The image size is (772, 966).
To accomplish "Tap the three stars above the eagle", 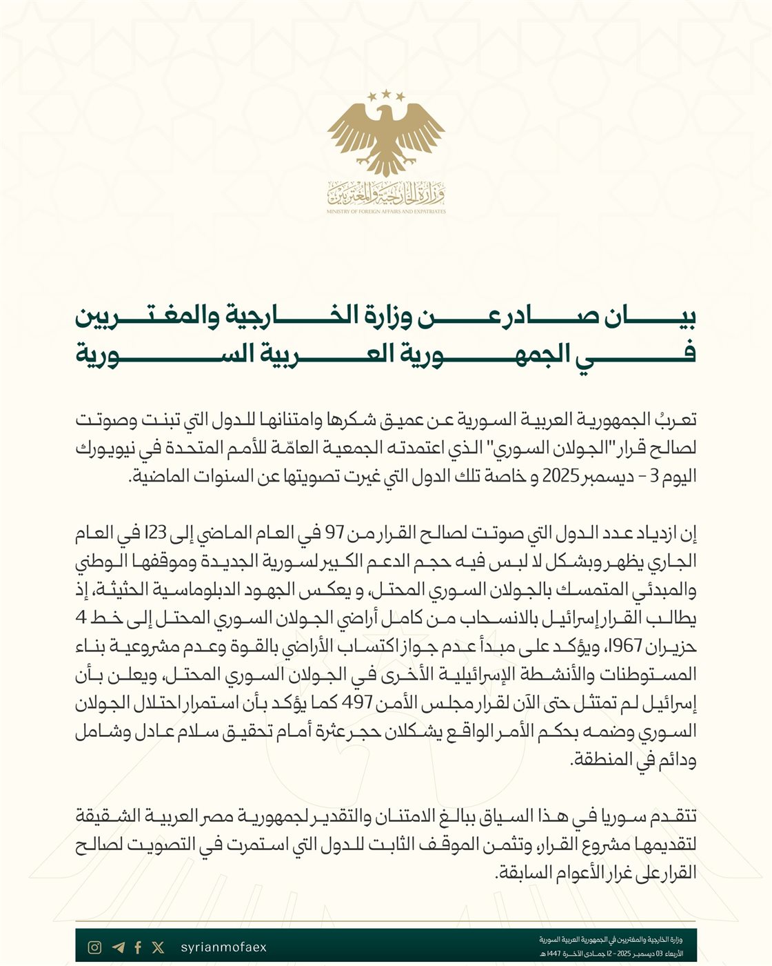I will [x=386, y=95].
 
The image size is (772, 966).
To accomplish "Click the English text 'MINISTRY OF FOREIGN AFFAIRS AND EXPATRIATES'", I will [x=386, y=212].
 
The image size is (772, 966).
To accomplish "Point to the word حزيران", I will [x=671, y=647].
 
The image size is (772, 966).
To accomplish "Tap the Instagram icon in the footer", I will [x=95, y=947].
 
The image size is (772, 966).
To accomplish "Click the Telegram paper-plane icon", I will [x=118, y=947].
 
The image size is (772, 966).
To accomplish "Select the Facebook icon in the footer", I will [x=138, y=947].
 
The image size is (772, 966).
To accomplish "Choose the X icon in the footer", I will [x=159, y=947].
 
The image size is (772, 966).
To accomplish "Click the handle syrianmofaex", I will [x=223, y=947].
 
